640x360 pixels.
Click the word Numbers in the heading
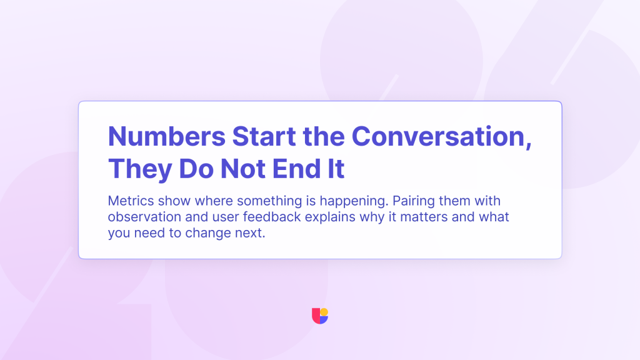click(x=166, y=136)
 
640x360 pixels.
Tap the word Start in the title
click(x=264, y=136)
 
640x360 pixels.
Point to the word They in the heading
click(x=140, y=169)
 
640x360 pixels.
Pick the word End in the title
click(x=297, y=169)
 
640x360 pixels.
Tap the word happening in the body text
click(x=354, y=202)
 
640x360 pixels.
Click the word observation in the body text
click(x=144, y=217)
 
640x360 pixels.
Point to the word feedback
click(x=272, y=217)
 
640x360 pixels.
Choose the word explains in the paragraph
click(x=330, y=217)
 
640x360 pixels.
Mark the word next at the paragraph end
click(x=250, y=234)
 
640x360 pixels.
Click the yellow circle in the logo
click(x=324, y=312)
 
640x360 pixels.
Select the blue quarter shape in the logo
click(x=323, y=319)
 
